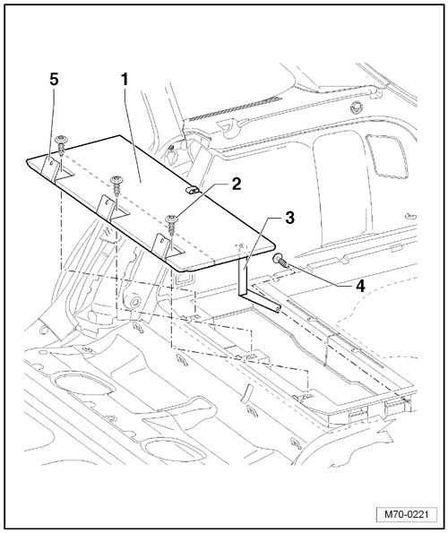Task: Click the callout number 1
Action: pos(125,80)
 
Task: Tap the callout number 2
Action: pos(236,184)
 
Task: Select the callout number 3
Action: pos(290,218)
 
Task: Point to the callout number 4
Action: pos(360,287)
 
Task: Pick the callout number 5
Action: pos(54,80)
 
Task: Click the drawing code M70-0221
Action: pos(406,514)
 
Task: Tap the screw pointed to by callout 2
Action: pos(172,226)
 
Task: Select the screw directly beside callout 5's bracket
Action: pos(62,145)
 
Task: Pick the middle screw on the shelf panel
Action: pos(116,185)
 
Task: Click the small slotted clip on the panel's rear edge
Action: pos(193,190)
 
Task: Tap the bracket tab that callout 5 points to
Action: pos(50,168)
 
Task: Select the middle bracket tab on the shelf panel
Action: pos(107,207)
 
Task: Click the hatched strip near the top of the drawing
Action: pos(235,108)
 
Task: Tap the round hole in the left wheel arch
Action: pos(135,301)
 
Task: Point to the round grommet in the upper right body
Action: pos(356,107)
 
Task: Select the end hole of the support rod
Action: pos(278,309)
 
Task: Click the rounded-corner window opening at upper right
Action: pos(387,156)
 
